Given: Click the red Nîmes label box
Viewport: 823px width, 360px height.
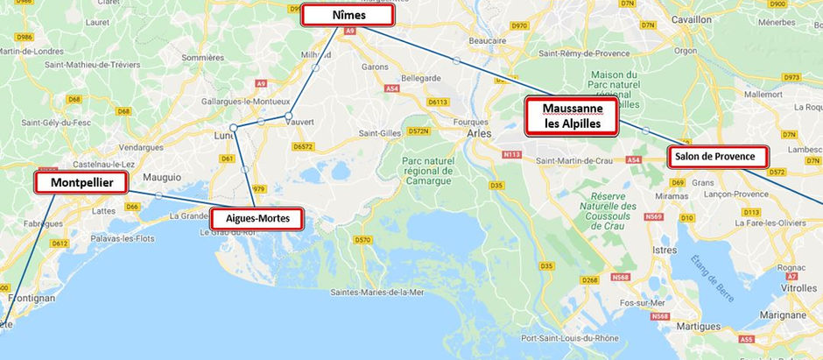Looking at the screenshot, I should tap(348, 15).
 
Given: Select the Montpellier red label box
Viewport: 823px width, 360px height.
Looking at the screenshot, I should tap(81, 182).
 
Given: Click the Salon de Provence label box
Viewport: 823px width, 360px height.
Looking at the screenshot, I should tap(718, 157).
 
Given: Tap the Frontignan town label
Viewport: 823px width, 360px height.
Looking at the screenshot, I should tap(31, 298).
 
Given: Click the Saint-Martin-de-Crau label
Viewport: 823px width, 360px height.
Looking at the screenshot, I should tap(576, 160).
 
